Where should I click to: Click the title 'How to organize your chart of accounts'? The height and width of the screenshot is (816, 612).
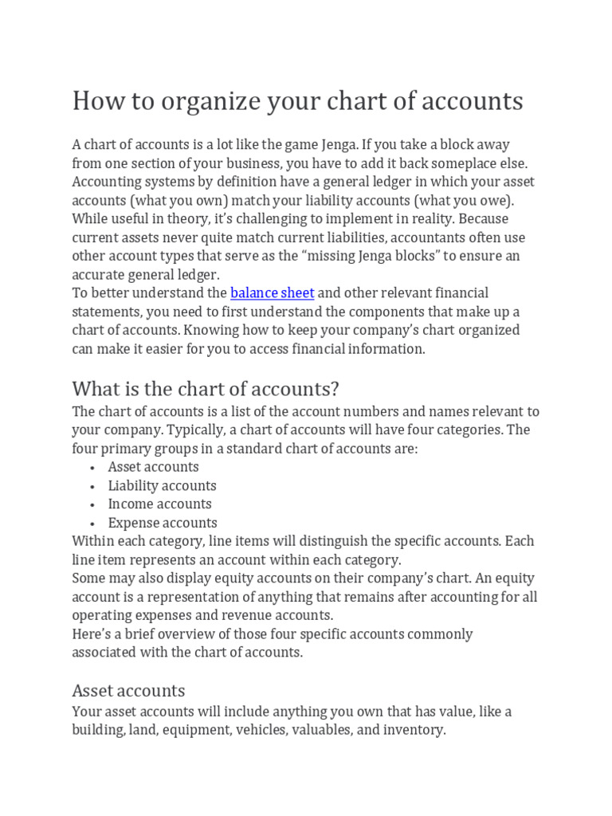pyautogui.click(x=297, y=101)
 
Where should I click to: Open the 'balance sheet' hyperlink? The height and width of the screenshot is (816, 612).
pyautogui.click(x=272, y=293)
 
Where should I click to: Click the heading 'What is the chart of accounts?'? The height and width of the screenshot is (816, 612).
pyautogui.click(x=206, y=389)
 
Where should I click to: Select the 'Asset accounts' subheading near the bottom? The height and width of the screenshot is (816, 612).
pyautogui.click(x=128, y=690)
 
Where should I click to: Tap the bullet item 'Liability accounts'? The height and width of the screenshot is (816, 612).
pyautogui.click(x=162, y=485)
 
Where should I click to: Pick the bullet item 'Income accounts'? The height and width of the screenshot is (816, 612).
pyautogui.click(x=159, y=504)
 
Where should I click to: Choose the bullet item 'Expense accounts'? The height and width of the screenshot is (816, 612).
pyautogui.click(x=163, y=523)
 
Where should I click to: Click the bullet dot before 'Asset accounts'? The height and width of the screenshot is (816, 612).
pyautogui.click(x=93, y=468)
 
